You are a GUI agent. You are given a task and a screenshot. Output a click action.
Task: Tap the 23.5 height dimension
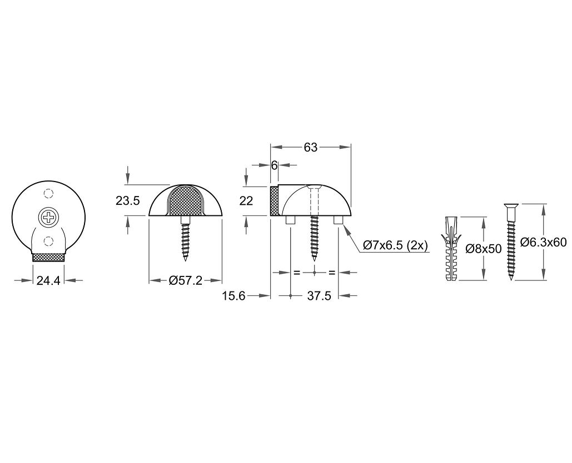point(127,201)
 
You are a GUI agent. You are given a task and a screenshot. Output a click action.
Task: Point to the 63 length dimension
point(310,147)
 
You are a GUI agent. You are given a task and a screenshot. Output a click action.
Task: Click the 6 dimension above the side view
point(274,165)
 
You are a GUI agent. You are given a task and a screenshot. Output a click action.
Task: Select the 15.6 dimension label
point(233,296)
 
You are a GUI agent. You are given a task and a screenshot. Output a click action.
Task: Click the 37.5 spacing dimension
point(319,296)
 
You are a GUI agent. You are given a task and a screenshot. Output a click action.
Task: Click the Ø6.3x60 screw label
point(543,242)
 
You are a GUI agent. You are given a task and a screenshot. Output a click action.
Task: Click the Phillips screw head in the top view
point(48,217)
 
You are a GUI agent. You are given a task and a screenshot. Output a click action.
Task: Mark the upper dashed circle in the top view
point(48,194)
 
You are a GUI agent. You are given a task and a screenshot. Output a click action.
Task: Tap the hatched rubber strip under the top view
point(48,258)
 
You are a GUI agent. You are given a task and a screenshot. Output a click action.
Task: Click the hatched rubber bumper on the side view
point(274,201)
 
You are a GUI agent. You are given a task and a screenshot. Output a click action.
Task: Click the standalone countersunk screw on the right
point(510,242)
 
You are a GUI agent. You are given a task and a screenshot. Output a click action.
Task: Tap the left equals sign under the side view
point(296,273)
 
